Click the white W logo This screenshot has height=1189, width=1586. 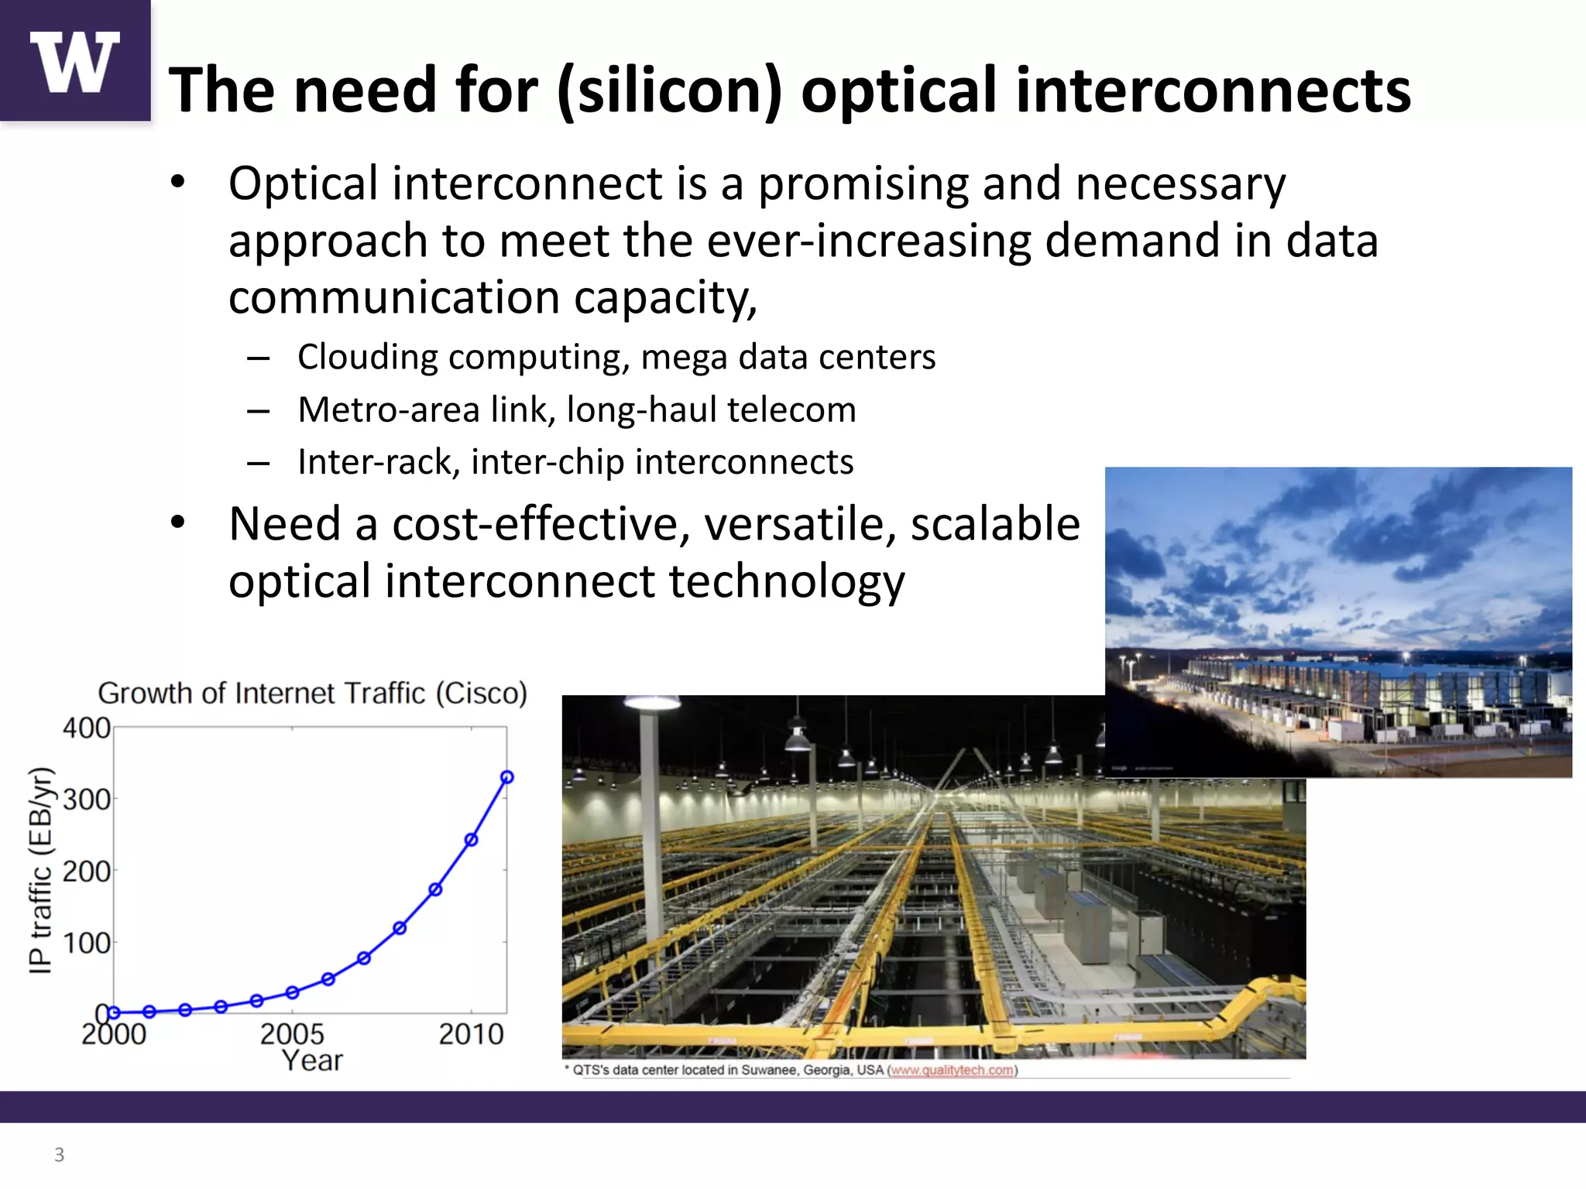(x=75, y=61)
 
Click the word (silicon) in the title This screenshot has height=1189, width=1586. (x=671, y=91)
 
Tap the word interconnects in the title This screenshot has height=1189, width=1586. (x=1213, y=91)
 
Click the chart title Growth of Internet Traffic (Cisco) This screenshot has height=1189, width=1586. (x=312, y=693)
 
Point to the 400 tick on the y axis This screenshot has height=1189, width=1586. (x=86, y=728)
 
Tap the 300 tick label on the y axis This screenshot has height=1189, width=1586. (x=86, y=800)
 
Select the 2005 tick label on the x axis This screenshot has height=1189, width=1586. (x=292, y=1034)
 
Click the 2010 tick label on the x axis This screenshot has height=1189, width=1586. (x=471, y=1034)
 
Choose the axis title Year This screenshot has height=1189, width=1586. (x=311, y=1061)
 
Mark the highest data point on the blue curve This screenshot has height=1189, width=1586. (x=507, y=777)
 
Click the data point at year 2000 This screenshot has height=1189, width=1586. (x=114, y=1013)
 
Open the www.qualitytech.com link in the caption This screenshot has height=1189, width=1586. (x=952, y=1071)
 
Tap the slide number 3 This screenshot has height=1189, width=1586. (x=59, y=1155)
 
